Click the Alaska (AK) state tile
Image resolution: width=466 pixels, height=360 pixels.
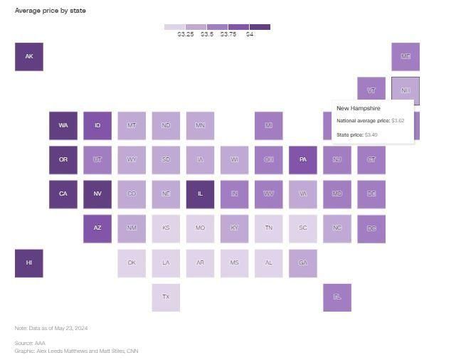click(x=29, y=57)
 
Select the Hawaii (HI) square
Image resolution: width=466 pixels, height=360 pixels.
click(x=29, y=263)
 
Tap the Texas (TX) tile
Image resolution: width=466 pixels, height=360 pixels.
click(x=166, y=297)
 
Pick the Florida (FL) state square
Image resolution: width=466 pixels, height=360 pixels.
click(x=337, y=297)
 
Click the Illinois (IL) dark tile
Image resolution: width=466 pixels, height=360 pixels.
click(x=200, y=194)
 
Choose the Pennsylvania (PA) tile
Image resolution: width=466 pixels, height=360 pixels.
click(x=303, y=160)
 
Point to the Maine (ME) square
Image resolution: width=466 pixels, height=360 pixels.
click(x=406, y=57)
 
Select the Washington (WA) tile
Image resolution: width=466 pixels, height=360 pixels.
click(x=63, y=126)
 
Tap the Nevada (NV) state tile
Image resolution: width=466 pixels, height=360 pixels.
click(x=97, y=194)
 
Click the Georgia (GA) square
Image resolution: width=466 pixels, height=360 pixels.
click(x=303, y=263)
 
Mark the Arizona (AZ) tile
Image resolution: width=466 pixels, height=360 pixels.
click(x=97, y=228)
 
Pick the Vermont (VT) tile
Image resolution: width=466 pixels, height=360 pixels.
click(x=371, y=91)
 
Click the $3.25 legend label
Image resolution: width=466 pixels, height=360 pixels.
click(x=186, y=34)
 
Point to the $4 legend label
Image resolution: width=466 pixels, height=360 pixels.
click(x=250, y=34)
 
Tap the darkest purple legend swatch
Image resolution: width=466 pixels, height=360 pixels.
click(x=260, y=27)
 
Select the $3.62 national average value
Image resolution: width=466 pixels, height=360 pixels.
click(x=398, y=121)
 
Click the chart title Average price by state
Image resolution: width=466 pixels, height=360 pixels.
click(x=51, y=11)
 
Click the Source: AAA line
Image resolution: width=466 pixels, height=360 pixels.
click(x=30, y=343)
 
